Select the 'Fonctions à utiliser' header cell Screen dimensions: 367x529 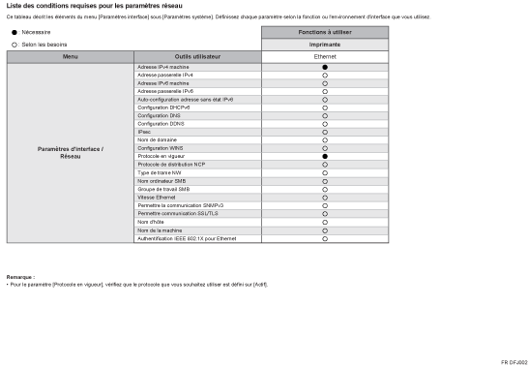coord(325,32)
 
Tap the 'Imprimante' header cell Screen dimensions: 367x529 coord(325,45)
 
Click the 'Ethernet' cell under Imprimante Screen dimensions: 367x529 coord(325,56)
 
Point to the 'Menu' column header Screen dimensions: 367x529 coord(71,56)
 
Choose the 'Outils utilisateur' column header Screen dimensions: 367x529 coord(197,56)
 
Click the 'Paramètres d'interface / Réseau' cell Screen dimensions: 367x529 coord(71,152)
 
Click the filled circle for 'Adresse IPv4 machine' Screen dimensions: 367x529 coord(325,67)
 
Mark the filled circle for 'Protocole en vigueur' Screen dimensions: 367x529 coord(325,156)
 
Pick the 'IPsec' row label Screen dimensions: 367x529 coord(144,131)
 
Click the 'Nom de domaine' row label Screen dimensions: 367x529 coord(157,139)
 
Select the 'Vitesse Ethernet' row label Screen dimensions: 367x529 coord(157,197)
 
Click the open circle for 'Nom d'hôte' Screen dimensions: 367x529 coord(325,222)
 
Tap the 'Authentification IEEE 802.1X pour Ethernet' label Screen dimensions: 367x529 coord(187,238)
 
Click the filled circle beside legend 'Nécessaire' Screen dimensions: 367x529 coord(14,32)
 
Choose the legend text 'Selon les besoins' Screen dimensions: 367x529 coord(44,45)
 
